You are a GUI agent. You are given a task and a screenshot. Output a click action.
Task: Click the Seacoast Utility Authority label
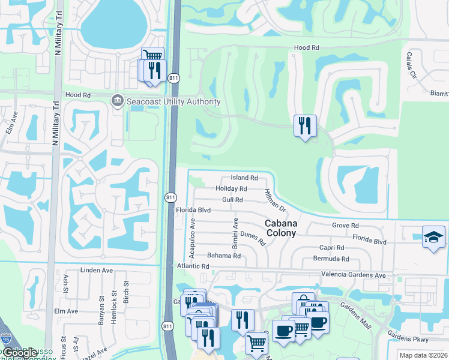pyautogui.click(x=173, y=101)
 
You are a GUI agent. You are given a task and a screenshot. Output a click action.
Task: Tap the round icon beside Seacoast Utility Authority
pyautogui.click(x=117, y=101)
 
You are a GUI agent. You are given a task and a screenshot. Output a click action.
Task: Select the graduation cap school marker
pyautogui.click(x=433, y=236)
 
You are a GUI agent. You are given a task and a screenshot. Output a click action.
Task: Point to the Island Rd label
pyautogui.click(x=244, y=178)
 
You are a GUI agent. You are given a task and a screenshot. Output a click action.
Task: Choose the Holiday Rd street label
pyautogui.click(x=231, y=189)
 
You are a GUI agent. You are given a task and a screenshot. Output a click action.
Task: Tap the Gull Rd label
pyautogui.click(x=232, y=200)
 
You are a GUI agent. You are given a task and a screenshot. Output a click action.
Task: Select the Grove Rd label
pyautogui.click(x=345, y=226)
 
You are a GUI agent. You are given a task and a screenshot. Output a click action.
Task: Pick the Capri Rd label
pyautogui.click(x=331, y=248)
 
